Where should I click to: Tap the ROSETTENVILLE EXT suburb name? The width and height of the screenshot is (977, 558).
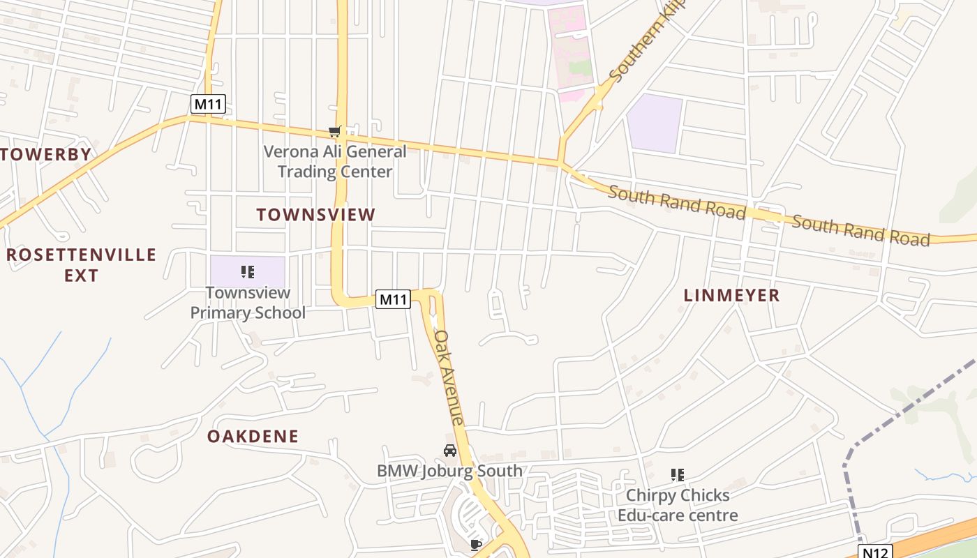tap(81, 264)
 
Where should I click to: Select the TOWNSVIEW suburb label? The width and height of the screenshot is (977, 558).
tap(315, 215)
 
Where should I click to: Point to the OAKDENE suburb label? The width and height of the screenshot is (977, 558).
tap(253, 437)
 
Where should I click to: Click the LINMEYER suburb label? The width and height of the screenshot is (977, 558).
tap(731, 295)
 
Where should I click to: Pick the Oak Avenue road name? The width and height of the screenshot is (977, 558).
tap(449, 377)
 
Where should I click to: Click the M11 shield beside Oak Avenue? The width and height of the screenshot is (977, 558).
tap(393, 300)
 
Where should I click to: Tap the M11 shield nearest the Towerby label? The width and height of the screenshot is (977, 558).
tap(208, 105)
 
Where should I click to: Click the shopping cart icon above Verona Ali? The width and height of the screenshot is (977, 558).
tap(335, 131)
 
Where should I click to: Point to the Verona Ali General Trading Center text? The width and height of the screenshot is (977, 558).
tap(335, 161)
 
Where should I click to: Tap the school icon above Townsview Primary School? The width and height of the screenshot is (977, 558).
tap(248, 271)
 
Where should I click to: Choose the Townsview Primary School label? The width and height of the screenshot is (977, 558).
tap(248, 303)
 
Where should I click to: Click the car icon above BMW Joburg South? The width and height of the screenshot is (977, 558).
tap(450, 451)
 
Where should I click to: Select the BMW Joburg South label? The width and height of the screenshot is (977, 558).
tap(449, 471)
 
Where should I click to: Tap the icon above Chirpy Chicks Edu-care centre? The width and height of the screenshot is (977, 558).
tap(677, 475)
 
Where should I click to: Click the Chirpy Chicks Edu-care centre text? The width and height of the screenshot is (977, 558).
tap(678, 506)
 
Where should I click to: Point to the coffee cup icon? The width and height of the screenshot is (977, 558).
tap(476, 545)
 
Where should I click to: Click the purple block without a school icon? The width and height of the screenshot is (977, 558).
tap(654, 123)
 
